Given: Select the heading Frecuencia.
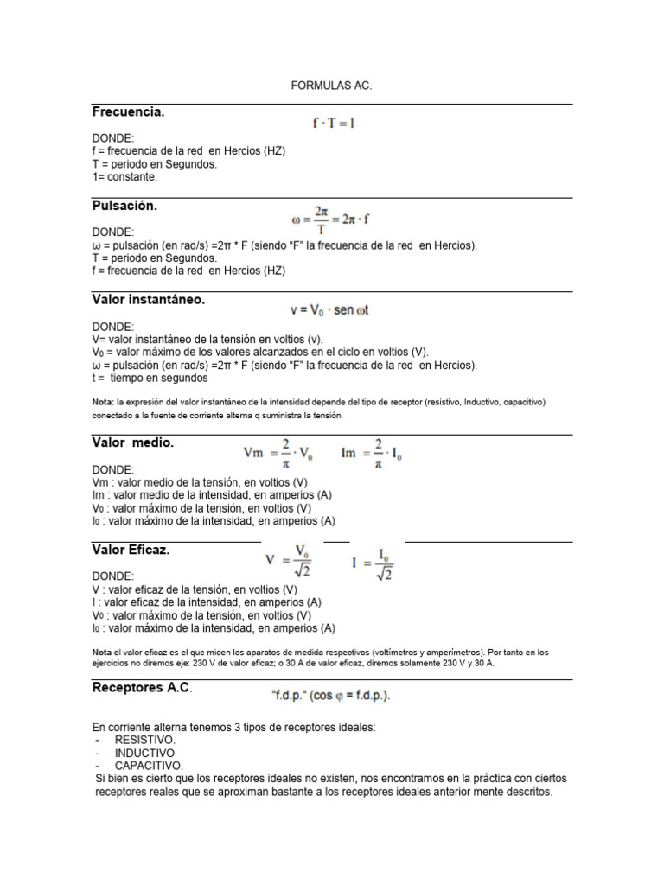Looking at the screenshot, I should pos(128,112).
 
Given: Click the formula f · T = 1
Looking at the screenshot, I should pos(334,124).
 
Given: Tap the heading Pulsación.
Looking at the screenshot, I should pos(124,206).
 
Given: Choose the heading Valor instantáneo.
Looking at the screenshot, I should pos(148,300).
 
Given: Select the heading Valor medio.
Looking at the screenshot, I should pos(133,442).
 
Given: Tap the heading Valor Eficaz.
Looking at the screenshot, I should pos(131,550).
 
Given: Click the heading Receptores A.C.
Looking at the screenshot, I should pos(142,688).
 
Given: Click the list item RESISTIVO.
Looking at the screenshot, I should pos(144,741).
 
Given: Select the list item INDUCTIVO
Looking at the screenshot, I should pos(144,754).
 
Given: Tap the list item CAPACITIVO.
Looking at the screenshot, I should pos(148,766).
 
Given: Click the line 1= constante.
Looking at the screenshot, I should pos(124,176).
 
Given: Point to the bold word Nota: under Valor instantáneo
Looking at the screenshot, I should pos(102,402).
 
